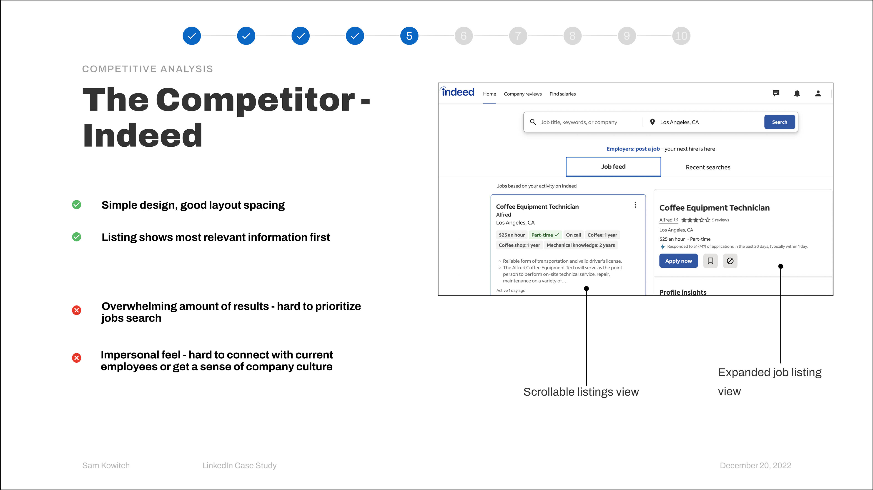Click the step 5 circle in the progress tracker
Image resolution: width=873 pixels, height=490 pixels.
(x=409, y=36)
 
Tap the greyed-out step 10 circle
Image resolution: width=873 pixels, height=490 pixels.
(x=681, y=36)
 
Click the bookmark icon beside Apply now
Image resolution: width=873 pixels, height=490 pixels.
(x=710, y=261)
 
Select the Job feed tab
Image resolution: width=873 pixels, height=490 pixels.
(x=613, y=167)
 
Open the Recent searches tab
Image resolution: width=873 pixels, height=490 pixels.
(x=708, y=167)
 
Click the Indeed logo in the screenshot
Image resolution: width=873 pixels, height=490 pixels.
(x=457, y=92)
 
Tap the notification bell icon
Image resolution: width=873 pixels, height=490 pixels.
(x=797, y=94)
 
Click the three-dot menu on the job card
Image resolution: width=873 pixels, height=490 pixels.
(x=635, y=205)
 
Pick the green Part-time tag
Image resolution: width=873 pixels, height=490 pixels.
(x=545, y=235)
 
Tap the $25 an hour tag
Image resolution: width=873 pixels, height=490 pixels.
(x=511, y=235)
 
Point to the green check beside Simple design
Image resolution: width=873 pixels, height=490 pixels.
(x=77, y=205)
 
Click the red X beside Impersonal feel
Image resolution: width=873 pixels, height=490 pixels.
(x=77, y=358)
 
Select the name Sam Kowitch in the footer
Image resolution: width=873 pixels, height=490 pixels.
(x=106, y=466)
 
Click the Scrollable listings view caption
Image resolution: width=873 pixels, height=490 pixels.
(x=581, y=392)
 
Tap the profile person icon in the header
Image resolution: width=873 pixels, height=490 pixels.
(x=818, y=94)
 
